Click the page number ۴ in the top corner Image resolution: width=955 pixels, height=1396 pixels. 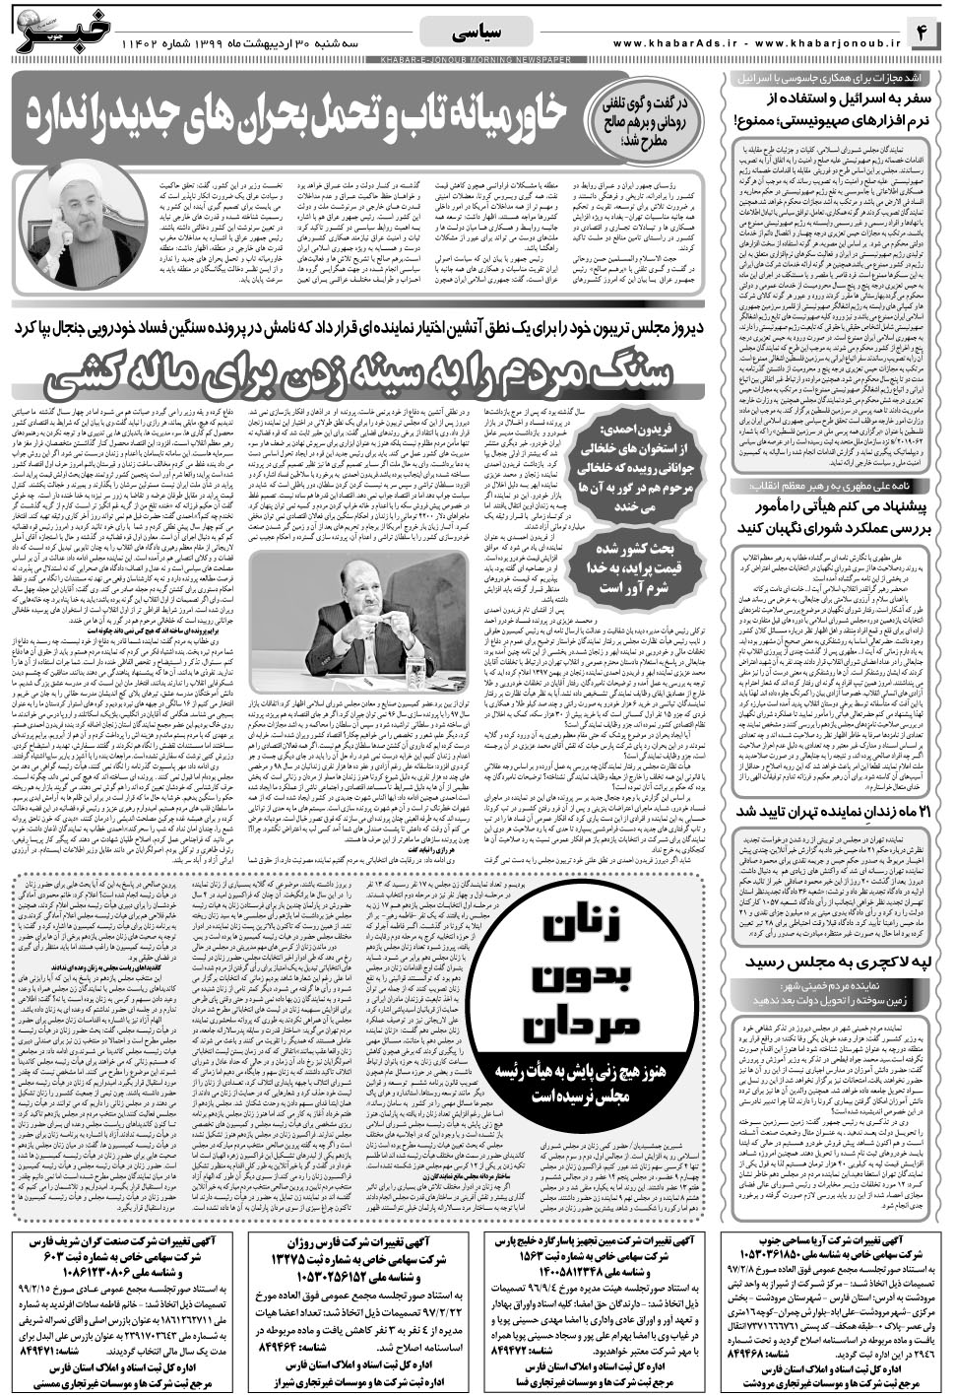pyautogui.click(x=926, y=34)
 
